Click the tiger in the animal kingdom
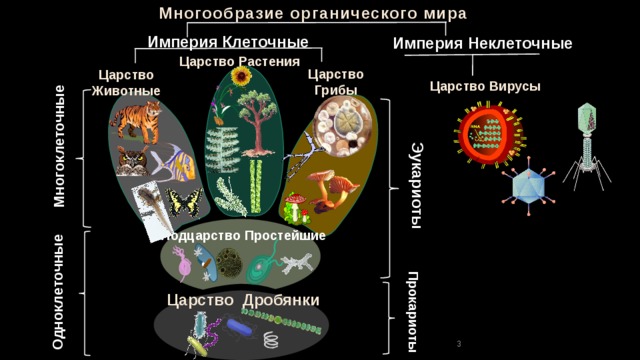(136, 121)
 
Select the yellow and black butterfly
(184, 202)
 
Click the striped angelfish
(174, 163)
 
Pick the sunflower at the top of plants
(240, 76)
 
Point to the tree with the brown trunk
(258, 123)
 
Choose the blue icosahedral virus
(529, 187)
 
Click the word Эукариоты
(416, 185)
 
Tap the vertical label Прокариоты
(413, 311)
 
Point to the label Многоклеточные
(60, 146)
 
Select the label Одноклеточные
(58, 291)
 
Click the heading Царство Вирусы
(485, 87)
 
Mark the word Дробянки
(281, 300)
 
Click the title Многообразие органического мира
(313, 13)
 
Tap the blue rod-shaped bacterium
(240, 327)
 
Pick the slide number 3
(459, 344)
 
